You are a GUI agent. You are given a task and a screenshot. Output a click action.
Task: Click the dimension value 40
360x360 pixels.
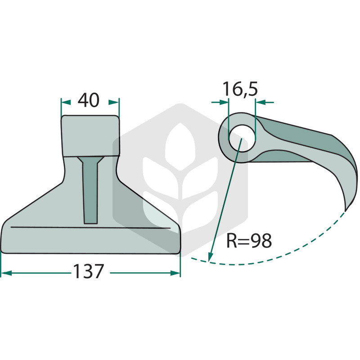point(88,100)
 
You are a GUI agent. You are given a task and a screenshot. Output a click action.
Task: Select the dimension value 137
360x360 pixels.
point(89,271)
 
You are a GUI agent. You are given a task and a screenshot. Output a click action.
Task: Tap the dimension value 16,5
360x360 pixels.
point(240,89)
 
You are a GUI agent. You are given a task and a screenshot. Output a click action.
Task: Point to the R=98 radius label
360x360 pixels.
point(249,241)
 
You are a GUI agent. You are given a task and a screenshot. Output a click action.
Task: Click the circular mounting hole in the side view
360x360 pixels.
point(242,138)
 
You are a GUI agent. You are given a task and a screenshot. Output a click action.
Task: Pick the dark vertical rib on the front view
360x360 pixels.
point(90,190)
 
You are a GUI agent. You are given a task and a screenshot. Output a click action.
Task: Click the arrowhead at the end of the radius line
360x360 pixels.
point(210,256)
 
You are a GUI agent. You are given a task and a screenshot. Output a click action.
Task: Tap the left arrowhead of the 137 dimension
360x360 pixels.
point(6,273)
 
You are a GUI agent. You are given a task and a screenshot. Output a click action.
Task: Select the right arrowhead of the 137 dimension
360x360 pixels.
point(175,273)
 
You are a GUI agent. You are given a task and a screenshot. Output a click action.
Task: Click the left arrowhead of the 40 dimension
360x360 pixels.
point(66,102)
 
